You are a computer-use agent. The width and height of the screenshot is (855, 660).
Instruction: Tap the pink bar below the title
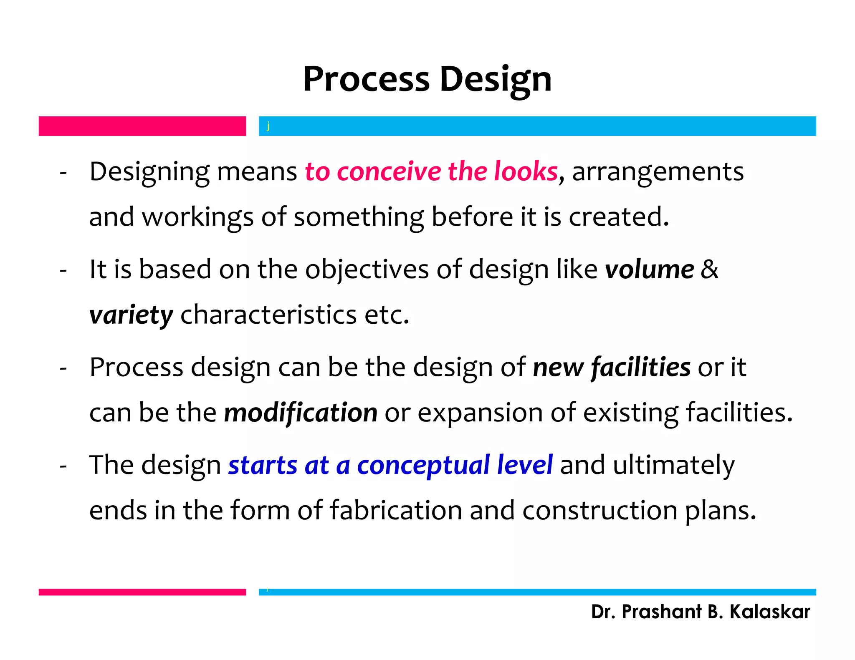click(x=142, y=126)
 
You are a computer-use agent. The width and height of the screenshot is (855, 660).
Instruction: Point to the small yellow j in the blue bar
click(x=268, y=126)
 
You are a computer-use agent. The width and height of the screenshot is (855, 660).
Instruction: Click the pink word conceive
click(x=389, y=171)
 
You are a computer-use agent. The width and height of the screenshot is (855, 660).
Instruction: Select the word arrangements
click(x=658, y=172)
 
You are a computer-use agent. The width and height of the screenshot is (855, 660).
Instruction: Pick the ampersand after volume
click(x=709, y=270)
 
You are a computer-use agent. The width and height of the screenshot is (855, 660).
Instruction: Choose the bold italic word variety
click(x=131, y=315)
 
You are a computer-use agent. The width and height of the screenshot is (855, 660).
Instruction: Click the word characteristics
click(x=268, y=315)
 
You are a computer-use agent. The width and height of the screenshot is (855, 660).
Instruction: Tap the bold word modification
click(x=301, y=413)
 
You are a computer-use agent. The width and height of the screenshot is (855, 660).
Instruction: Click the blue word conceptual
click(x=423, y=465)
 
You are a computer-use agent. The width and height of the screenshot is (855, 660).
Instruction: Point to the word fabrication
click(x=396, y=510)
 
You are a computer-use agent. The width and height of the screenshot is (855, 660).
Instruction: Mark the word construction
click(x=600, y=510)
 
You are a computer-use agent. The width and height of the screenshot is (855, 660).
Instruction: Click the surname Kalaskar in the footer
click(x=769, y=612)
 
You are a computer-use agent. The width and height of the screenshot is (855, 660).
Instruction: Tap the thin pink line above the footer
click(x=142, y=592)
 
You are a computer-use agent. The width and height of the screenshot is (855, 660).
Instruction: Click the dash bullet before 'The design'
click(x=63, y=466)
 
